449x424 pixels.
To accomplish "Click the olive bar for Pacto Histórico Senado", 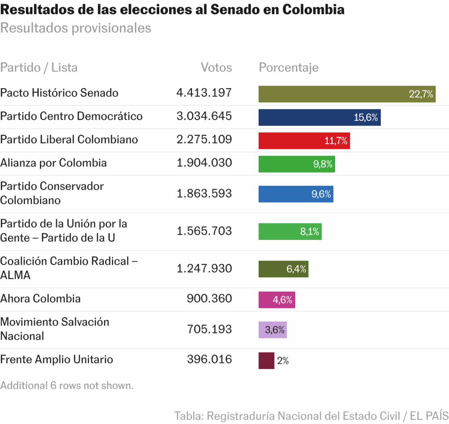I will pyautogui.click(x=346, y=94).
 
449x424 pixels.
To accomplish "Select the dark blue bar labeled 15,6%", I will pyautogui.click(x=319, y=117).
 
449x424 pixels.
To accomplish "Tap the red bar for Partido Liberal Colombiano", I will pyautogui.click(x=304, y=141).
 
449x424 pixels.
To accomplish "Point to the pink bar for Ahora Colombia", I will pyautogui.click(x=276, y=300).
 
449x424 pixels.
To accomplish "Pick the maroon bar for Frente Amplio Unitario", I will pyautogui.click(x=266, y=361).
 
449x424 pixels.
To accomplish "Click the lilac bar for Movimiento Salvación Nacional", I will pyautogui.click(x=272, y=330).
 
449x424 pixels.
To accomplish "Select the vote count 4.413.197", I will pyautogui.click(x=204, y=93).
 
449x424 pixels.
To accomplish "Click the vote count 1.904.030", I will pyautogui.click(x=204, y=163).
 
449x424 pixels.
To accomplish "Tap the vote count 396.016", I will pyautogui.click(x=209, y=359).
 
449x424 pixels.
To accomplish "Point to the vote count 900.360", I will pyautogui.click(x=209, y=299).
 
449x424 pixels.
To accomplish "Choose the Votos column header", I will pyautogui.click(x=216, y=68).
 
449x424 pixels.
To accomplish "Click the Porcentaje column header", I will pyautogui.click(x=289, y=68).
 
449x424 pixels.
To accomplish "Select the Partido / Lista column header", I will pyautogui.click(x=39, y=68).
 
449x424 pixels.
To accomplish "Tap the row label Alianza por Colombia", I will pyautogui.click(x=53, y=163).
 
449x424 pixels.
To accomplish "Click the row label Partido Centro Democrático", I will pyautogui.click(x=71, y=116).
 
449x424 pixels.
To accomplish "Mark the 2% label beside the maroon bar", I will pyautogui.click(x=283, y=361).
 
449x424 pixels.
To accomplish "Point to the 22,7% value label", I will pyautogui.click(x=421, y=94).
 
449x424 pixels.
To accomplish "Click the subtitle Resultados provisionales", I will pyautogui.click(x=76, y=28).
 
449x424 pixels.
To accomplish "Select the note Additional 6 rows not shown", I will pyautogui.click(x=67, y=386).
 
